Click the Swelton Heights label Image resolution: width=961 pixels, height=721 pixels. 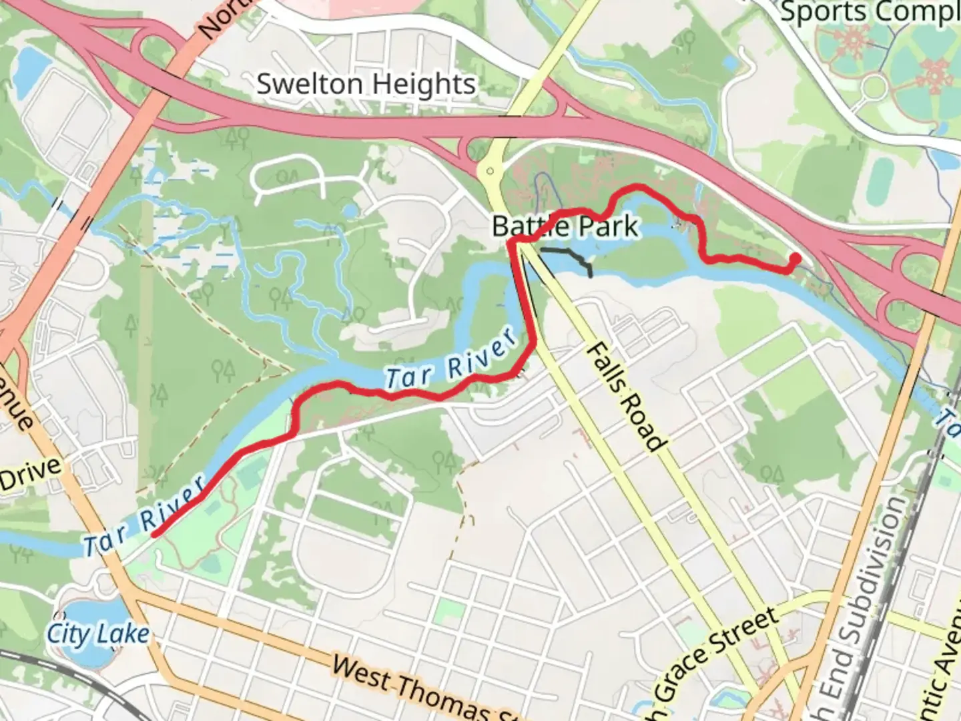pos(366,85)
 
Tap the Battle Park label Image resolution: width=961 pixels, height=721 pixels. pos(565,227)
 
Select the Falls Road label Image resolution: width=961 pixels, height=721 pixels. pos(625,397)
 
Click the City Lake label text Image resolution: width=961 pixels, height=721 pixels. pos(98,634)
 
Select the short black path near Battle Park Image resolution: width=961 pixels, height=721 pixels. pos(567,256)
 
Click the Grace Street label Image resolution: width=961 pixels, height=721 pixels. pos(717,661)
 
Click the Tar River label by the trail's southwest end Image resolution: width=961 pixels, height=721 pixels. pos(143,517)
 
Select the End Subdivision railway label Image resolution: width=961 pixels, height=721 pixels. pos(867,601)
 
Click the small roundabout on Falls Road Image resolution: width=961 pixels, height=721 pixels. pos(490,171)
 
